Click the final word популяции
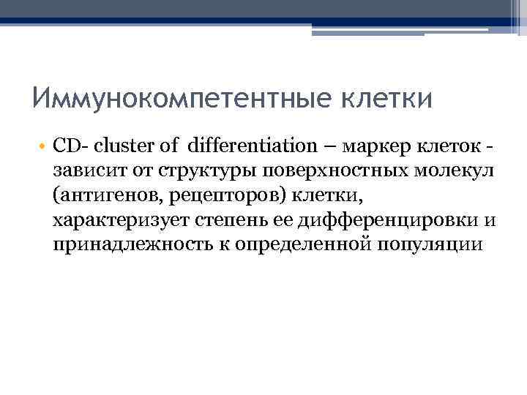(x=428, y=244)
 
